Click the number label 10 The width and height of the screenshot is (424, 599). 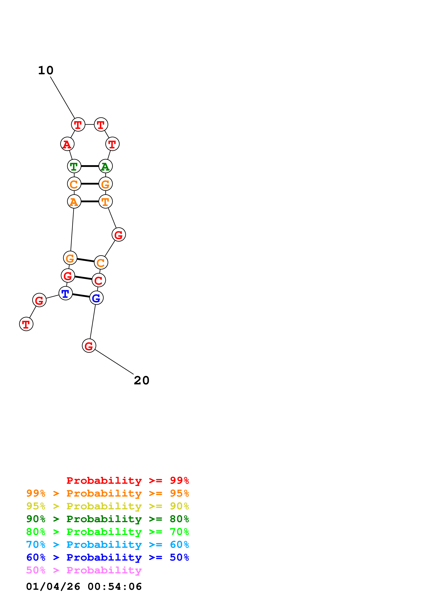tap(46, 71)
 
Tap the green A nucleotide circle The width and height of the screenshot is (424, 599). tap(106, 166)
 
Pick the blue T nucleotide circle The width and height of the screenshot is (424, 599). tap(66, 294)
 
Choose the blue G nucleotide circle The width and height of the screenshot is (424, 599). tap(96, 298)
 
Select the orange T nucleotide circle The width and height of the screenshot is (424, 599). tap(106, 201)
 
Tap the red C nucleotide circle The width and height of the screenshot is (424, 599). tap(99, 280)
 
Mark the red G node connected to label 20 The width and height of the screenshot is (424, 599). tap(89, 346)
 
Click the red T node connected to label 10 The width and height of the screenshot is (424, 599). tap(78, 125)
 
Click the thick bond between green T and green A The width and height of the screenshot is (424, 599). tap(90, 166)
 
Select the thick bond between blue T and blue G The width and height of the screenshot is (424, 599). tap(81, 296)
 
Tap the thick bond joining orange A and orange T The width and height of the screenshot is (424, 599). tap(90, 201)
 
